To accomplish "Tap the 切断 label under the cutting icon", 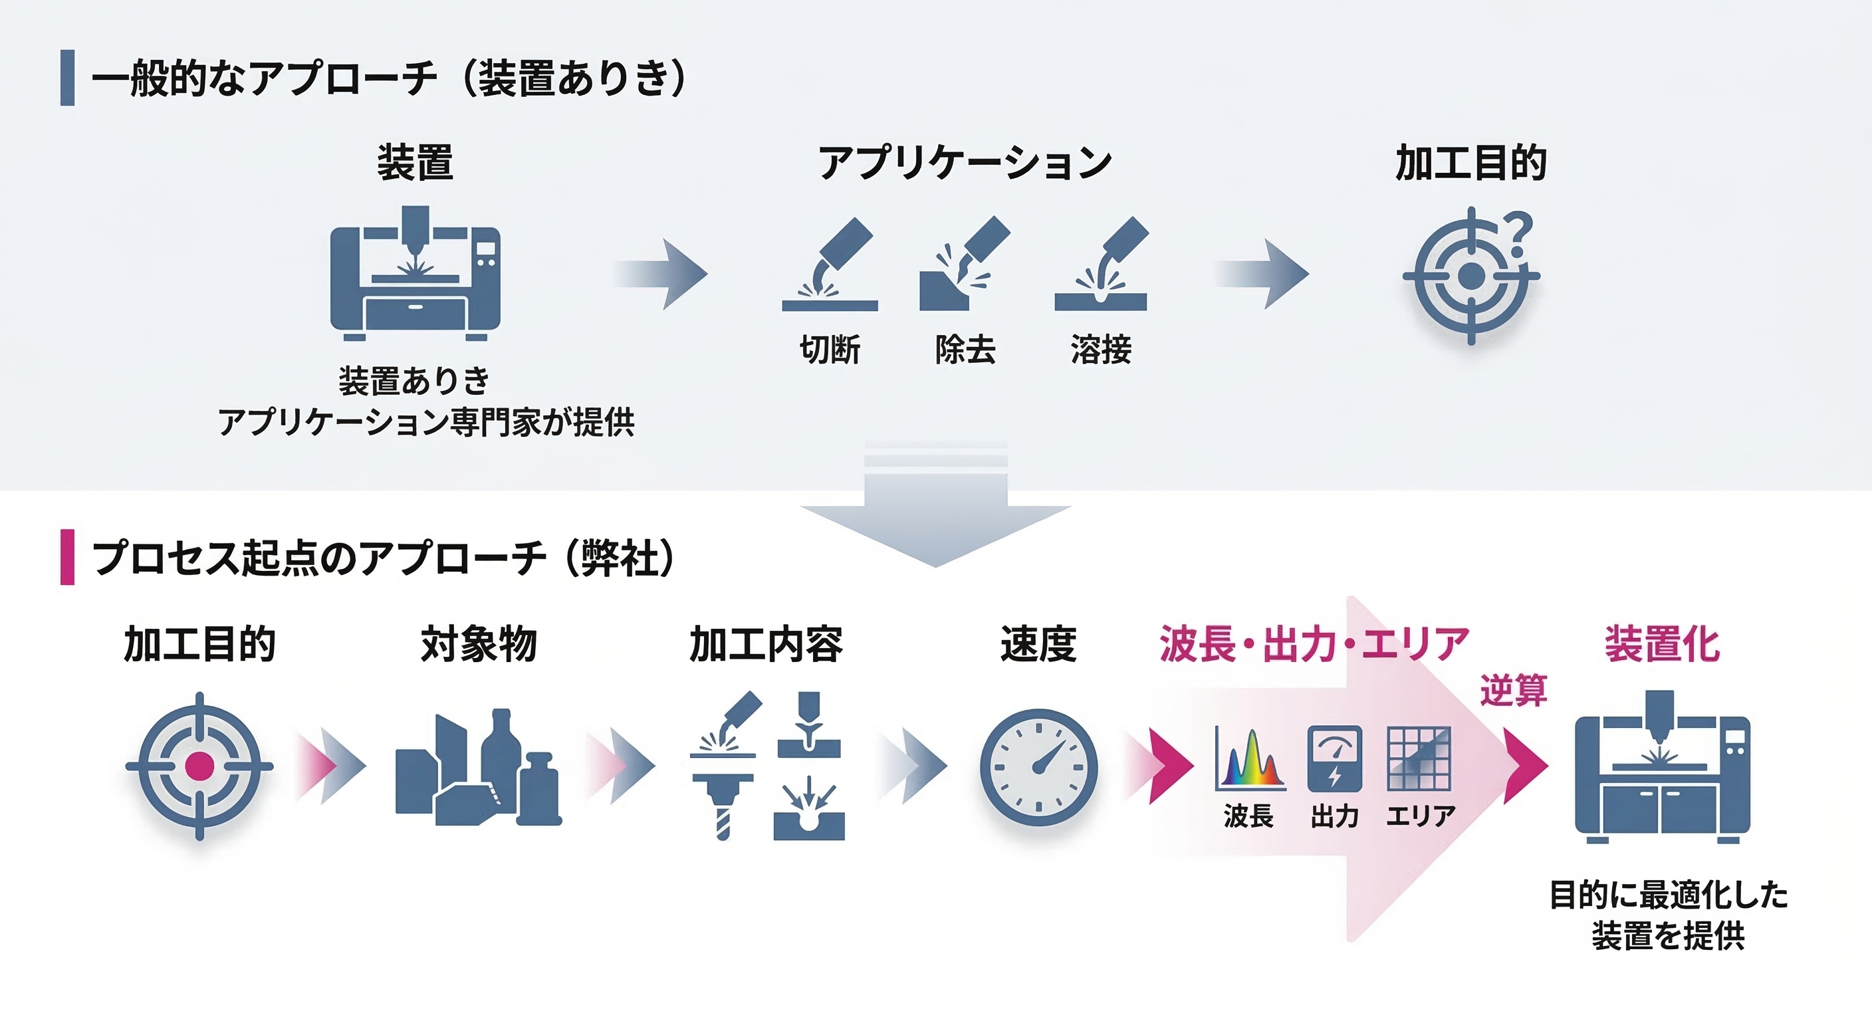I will click(x=830, y=350).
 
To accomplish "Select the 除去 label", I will click(x=965, y=350).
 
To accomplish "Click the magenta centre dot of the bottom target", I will click(x=199, y=766).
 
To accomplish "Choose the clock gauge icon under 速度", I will click(x=1038, y=767).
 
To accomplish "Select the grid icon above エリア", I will click(x=1419, y=758).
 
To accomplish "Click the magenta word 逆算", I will click(x=1513, y=691).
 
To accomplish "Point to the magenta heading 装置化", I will click(x=1662, y=644).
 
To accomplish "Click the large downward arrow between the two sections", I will click(x=935, y=516).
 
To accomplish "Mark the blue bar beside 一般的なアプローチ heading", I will click(x=68, y=78).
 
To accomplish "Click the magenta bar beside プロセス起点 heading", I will click(x=68, y=558).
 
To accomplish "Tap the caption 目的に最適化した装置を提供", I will click(x=1668, y=915).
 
